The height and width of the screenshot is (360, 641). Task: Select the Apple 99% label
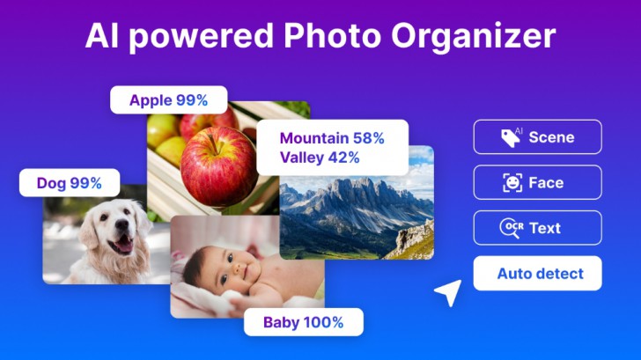point(168,100)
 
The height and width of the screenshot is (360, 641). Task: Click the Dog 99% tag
point(70,184)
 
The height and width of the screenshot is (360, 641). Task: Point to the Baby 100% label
point(303,322)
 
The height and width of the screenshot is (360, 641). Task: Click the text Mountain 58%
point(332,138)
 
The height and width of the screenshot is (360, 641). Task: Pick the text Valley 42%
point(320,158)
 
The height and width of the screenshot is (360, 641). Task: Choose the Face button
point(537,182)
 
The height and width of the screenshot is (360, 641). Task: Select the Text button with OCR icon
point(537,228)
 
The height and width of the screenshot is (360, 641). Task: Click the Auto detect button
point(537,274)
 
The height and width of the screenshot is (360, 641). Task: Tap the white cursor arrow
point(449,292)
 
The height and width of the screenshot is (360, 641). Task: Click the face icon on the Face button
point(512,183)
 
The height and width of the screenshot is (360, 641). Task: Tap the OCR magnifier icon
point(511,229)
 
